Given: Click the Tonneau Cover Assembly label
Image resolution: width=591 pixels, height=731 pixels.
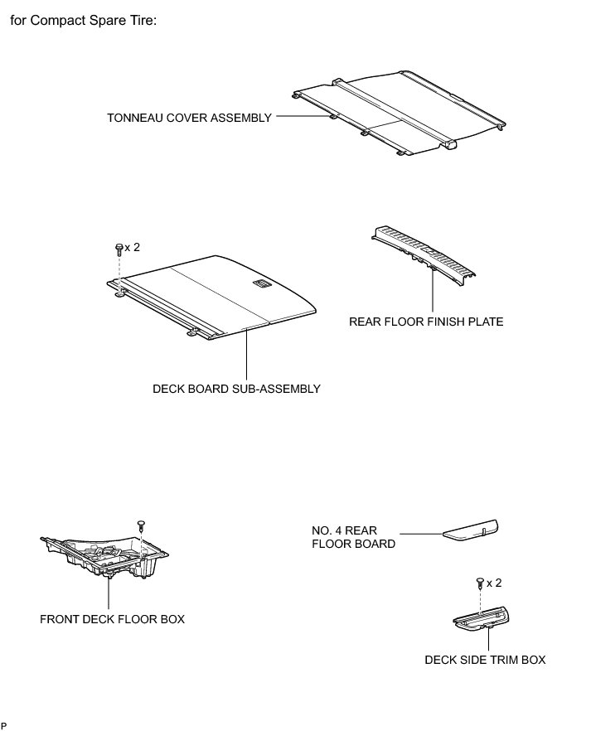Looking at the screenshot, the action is click(189, 118).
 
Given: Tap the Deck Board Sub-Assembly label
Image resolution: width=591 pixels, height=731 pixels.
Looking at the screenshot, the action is click(236, 388).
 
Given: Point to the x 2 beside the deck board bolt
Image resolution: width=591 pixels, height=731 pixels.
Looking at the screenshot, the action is click(133, 247).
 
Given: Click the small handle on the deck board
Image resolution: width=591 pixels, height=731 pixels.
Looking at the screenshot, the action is click(260, 285).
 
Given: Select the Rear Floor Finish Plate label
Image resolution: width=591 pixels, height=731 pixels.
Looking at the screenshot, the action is click(426, 321).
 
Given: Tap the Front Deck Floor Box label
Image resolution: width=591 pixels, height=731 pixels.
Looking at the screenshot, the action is click(112, 618).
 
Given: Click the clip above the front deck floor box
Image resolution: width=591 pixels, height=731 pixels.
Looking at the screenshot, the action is click(141, 525).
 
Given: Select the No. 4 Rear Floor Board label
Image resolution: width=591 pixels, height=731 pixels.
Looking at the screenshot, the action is click(354, 536).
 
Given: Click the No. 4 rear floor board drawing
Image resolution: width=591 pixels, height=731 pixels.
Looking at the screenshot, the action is click(469, 530).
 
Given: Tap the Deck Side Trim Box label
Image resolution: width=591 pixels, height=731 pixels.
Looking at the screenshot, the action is click(485, 660).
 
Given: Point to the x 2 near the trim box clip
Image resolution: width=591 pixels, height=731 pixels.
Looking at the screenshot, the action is click(495, 583).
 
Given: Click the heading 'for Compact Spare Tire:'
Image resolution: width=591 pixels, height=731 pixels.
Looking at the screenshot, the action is click(82, 19).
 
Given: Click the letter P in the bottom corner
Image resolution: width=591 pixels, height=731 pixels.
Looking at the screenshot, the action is click(4, 725).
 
